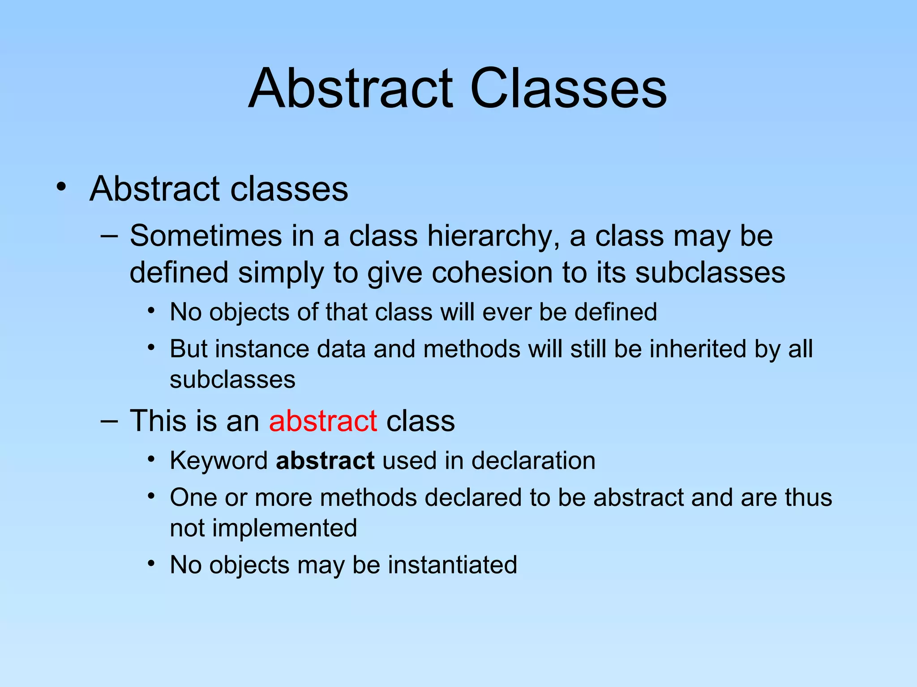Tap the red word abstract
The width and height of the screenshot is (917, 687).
323,421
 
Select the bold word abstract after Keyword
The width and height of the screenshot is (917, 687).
325,460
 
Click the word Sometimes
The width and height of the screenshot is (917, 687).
206,236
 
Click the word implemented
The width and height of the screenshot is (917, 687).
284,529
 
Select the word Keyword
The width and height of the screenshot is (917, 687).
219,460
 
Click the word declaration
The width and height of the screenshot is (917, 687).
533,460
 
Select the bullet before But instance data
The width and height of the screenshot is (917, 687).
152,347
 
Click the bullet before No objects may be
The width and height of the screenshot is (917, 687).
152,563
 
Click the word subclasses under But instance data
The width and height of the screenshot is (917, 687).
232,380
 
